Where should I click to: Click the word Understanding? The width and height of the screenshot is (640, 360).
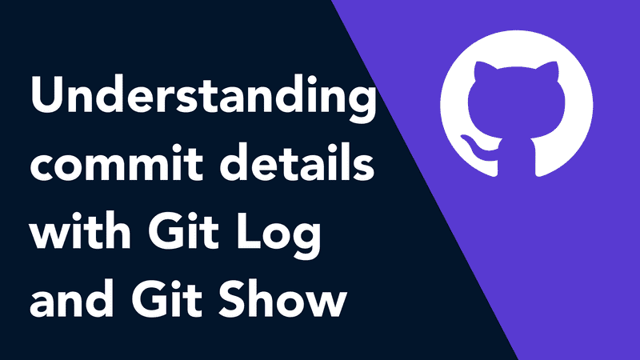click(x=203, y=98)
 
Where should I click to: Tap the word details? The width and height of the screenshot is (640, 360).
click(x=298, y=162)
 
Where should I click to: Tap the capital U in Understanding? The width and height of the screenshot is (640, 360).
click(x=46, y=94)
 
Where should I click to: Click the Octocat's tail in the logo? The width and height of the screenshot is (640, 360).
click(x=478, y=147)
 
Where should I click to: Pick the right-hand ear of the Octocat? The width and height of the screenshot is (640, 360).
click(x=548, y=71)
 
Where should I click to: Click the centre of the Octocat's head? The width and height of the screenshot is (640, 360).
click(x=516, y=104)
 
